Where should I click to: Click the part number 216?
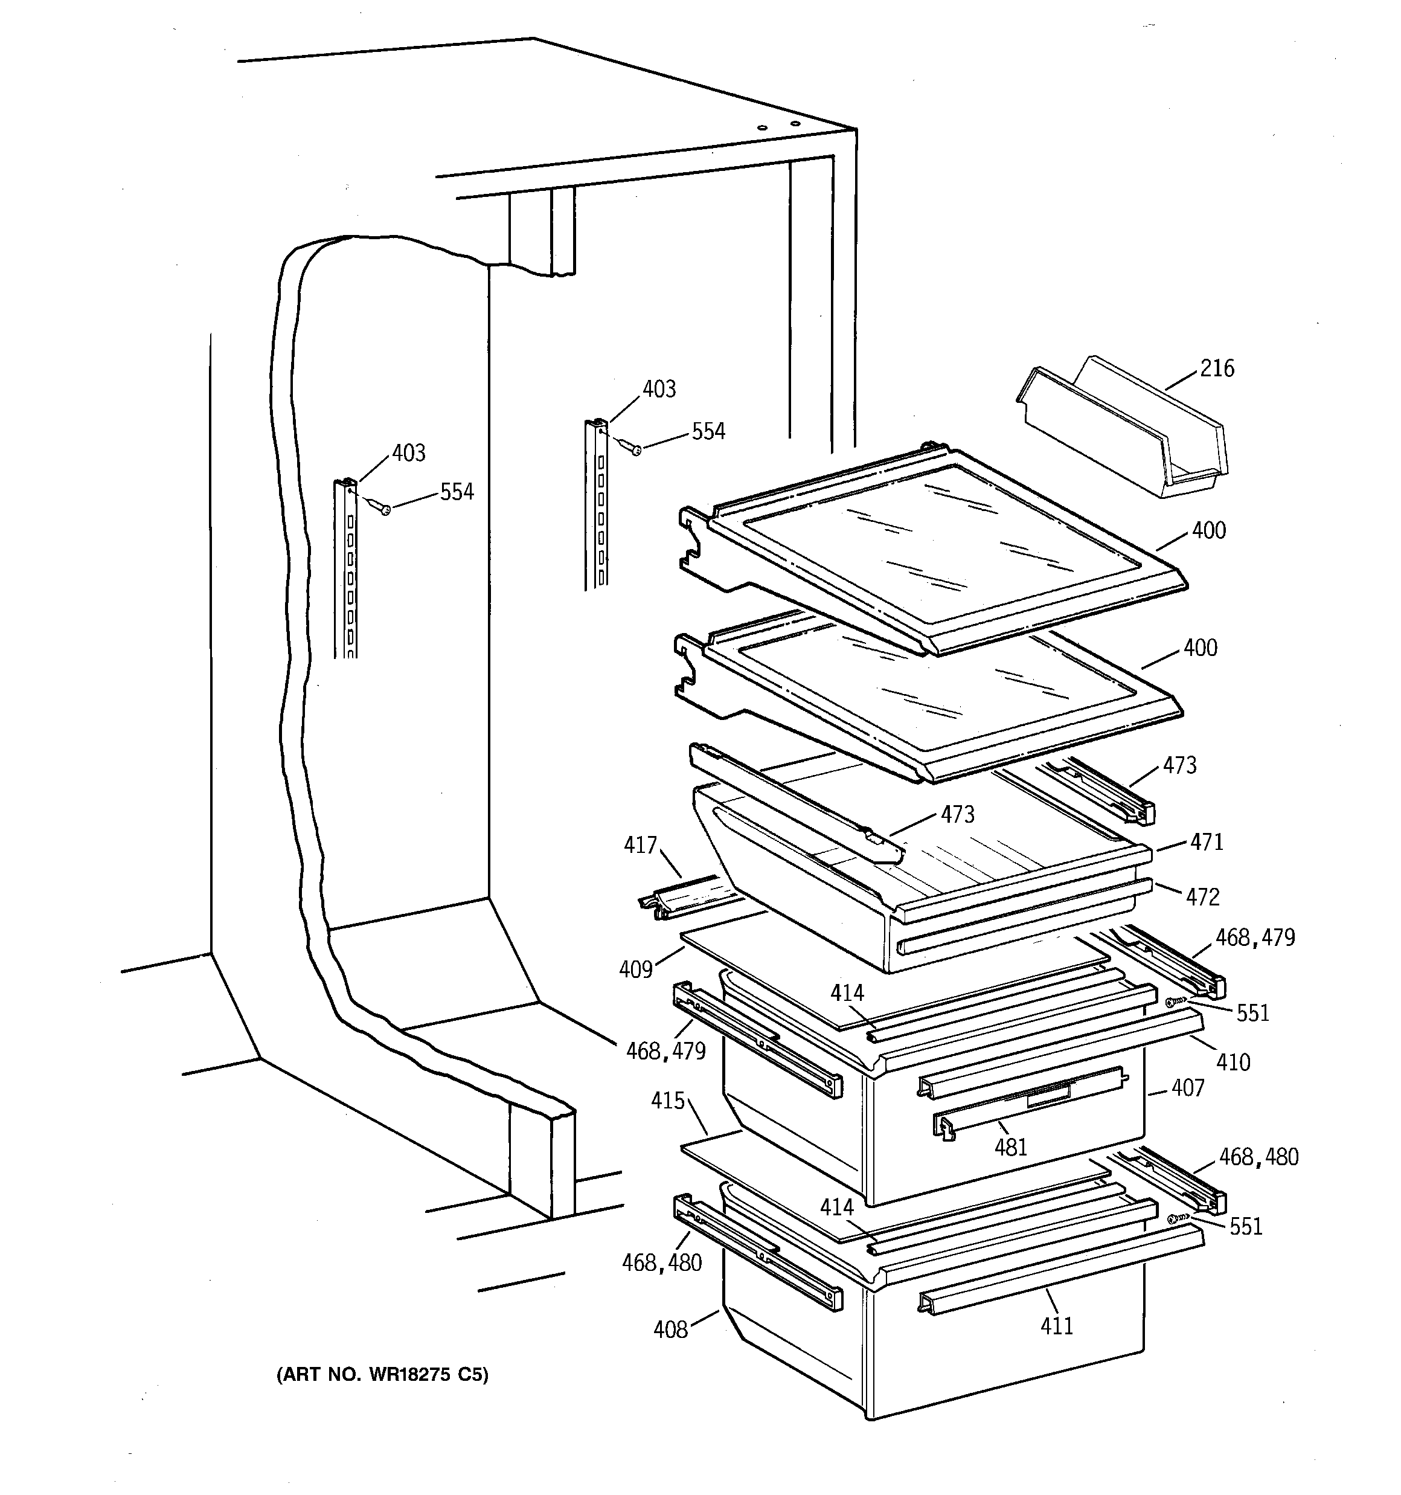click(x=1217, y=368)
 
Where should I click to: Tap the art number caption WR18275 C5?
click(x=382, y=1375)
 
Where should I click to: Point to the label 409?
click(x=635, y=969)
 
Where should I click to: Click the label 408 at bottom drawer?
click(x=670, y=1329)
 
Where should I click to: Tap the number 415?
click(x=668, y=1101)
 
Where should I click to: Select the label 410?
click(x=1233, y=1062)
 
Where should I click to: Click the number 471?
click(x=1206, y=842)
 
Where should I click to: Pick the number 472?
click(x=1202, y=896)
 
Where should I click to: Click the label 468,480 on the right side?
click(x=1258, y=1157)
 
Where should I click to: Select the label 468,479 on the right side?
click(x=1255, y=937)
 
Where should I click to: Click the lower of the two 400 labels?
click(x=1201, y=648)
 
